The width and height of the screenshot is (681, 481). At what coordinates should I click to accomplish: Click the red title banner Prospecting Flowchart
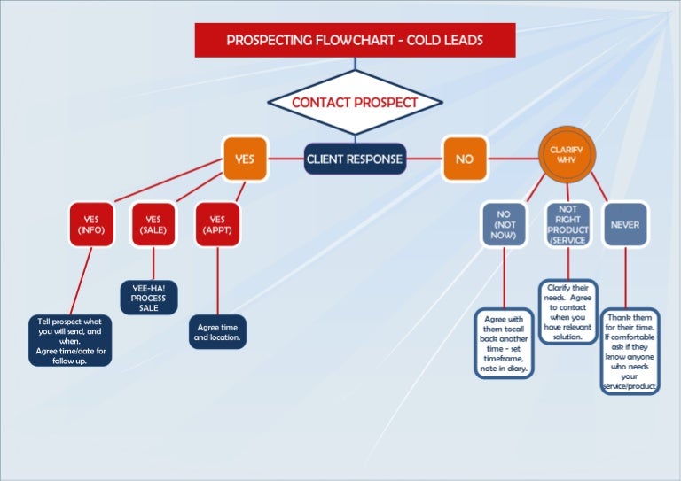tap(355, 40)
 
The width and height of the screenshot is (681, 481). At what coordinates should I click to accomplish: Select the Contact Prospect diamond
tap(355, 103)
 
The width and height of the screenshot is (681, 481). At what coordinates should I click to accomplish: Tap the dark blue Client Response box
tap(355, 159)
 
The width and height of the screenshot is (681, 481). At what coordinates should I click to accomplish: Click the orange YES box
tap(244, 159)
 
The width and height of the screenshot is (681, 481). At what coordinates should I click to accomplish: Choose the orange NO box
tap(464, 159)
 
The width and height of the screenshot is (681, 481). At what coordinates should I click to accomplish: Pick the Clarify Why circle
tap(566, 155)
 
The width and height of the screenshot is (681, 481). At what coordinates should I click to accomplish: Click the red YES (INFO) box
tap(92, 224)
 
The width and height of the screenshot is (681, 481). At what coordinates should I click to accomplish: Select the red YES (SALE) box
tap(153, 224)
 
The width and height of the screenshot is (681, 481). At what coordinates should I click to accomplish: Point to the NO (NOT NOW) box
tap(504, 224)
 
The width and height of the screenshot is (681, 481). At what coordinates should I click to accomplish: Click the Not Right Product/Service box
tap(567, 224)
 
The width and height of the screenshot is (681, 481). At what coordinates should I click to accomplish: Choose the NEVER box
tap(625, 224)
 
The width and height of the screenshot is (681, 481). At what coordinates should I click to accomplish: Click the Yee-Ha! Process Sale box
tap(149, 298)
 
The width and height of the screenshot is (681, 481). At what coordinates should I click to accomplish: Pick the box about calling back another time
tap(504, 344)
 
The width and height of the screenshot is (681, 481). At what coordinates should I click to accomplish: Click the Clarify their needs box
tap(567, 312)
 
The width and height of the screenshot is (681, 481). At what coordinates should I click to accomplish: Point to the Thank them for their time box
tap(630, 351)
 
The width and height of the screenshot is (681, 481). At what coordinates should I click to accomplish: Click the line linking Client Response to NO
tap(425, 159)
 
